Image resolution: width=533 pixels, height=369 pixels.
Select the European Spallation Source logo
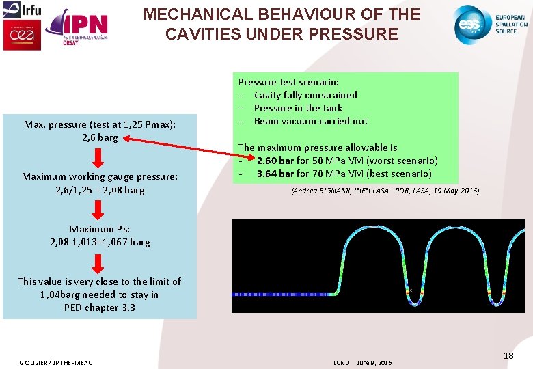tap(491, 25)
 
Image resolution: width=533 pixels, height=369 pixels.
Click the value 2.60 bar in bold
tap(275, 161)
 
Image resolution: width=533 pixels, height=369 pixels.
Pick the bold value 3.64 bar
tap(275, 174)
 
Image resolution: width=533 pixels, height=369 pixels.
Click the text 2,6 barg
tap(100, 137)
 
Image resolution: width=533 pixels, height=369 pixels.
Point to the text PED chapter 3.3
tap(100, 307)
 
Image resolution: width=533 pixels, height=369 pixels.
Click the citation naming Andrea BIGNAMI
tap(385, 191)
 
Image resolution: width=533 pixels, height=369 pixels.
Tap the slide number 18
tap(508, 355)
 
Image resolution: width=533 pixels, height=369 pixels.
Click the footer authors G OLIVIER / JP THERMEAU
tap(56, 362)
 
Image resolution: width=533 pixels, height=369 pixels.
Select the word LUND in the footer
tap(341, 362)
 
